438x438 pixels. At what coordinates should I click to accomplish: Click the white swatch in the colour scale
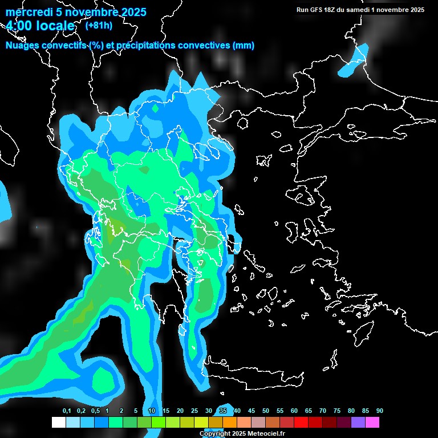click(58, 422)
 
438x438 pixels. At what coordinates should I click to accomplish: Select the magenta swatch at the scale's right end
click(372, 422)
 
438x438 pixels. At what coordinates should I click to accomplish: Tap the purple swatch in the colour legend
click(358, 422)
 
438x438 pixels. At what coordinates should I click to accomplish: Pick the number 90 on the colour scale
click(380, 411)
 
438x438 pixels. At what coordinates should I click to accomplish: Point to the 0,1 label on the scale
click(67, 411)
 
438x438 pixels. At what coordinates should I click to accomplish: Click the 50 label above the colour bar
click(266, 411)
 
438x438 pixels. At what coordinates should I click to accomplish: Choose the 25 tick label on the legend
click(194, 411)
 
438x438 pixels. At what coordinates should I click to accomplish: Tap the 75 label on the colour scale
click(337, 411)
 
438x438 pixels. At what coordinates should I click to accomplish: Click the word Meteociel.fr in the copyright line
click(266, 434)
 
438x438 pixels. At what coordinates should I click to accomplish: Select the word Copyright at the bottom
click(215, 434)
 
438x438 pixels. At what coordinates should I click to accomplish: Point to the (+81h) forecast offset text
click(99, 25)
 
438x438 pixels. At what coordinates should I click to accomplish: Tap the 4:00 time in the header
click(20, 26)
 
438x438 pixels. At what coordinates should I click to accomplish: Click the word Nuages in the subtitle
click(22, 45)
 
